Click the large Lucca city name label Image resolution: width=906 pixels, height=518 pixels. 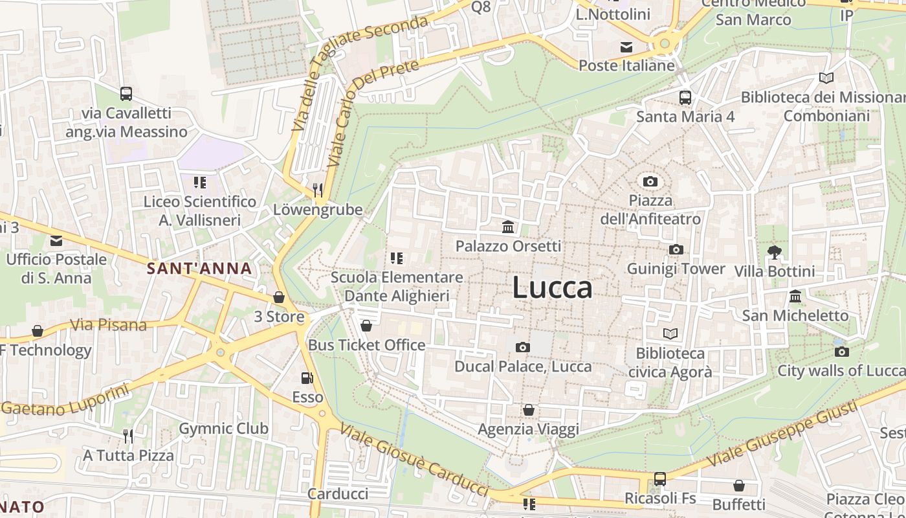coord(552,287)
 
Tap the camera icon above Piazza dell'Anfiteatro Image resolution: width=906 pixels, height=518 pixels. coord(650,181)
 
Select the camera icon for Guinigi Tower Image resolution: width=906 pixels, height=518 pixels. coord(676,249)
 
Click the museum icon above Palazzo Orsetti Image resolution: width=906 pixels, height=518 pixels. coord(508,227)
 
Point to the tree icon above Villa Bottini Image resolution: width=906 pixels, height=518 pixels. coord(774,252)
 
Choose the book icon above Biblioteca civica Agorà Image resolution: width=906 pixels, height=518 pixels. coord(670,333)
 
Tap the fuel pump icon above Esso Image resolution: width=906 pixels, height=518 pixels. coord(307,377)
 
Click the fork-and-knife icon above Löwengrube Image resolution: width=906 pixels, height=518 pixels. coord(317,190)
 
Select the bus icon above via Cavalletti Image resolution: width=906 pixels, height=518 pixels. coord(126,94)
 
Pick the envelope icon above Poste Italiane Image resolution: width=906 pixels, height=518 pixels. coord(626,47)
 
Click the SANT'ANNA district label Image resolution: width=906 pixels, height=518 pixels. coord(199,268)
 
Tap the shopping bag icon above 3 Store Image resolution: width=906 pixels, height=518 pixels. coord(279,297)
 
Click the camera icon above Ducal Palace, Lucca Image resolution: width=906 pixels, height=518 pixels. coord(522,347)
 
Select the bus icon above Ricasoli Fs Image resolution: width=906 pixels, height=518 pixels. coord(659,479)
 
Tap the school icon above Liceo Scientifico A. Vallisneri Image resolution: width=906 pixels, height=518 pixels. coord(200,183)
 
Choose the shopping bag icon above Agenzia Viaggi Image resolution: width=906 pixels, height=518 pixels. coord(529,410)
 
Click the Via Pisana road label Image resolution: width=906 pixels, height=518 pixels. coord(108,324)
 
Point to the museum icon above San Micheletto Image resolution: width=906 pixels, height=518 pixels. coord(795,297)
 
